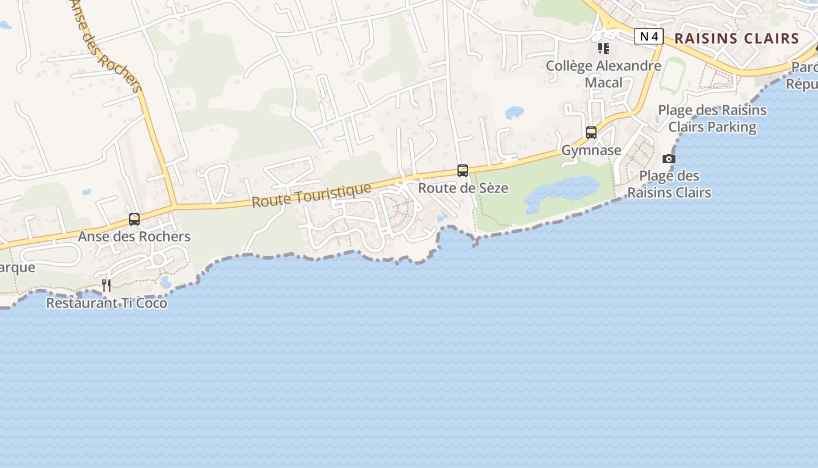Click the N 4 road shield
(649, 36)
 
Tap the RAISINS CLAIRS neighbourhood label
(737, 39)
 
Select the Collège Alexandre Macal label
(604, 74)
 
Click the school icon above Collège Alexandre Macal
(604, 49)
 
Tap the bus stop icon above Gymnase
(591, 133)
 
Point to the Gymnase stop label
(591, 150)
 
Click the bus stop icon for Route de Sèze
(463, 171)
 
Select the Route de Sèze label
(463, 188)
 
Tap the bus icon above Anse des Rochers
(134, 219)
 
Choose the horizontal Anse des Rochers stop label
(134, 236)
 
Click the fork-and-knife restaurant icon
(106, 285)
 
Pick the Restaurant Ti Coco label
(106, 303)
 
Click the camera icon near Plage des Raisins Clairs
(669, 159)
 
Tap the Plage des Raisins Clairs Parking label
(712, 118)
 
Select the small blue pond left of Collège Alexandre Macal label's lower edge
(515, 112)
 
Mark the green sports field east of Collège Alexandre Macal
(673, 74)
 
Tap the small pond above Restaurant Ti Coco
(165, 283)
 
